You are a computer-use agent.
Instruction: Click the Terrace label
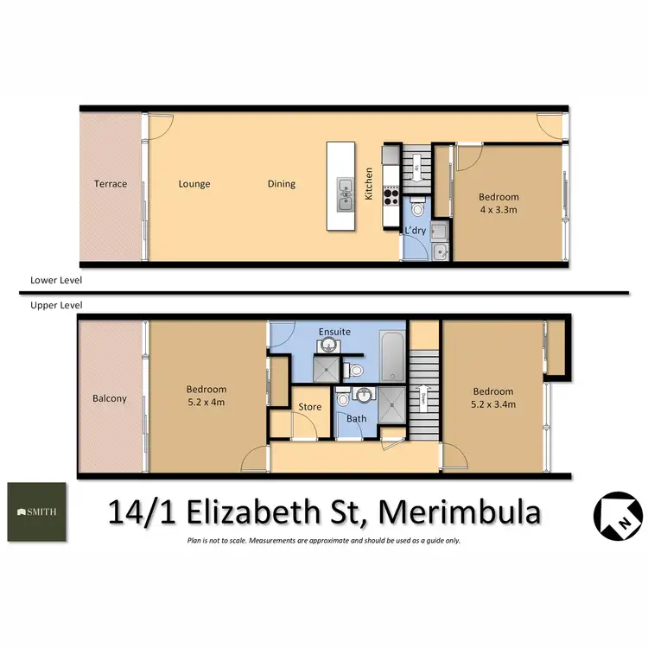[111, 184]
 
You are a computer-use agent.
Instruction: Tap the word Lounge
[194, 184]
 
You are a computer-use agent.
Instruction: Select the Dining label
[282, 184]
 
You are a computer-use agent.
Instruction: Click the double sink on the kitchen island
[345, 194]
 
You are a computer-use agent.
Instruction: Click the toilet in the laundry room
[417, 208]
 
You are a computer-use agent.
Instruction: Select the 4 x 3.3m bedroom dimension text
[499, 208]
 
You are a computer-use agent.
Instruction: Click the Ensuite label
[334, 331]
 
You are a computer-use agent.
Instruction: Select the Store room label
[309, 407]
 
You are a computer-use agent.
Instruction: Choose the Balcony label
[110, 399]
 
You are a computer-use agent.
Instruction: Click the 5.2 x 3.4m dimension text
[492, 403]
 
